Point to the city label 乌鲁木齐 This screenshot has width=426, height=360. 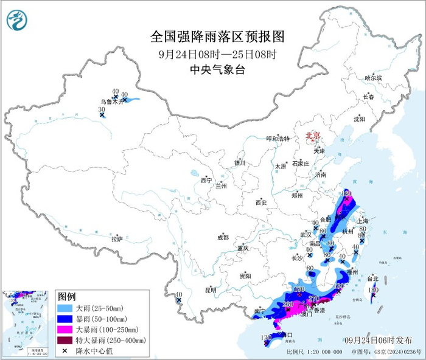(112, 103)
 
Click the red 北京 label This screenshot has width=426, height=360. (312, 136)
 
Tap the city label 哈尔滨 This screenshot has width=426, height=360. (372, 78)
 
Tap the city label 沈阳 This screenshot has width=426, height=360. (360, 119)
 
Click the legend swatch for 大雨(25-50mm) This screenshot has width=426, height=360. (65, 309)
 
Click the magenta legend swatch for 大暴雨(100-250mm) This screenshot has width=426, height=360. (65, 330)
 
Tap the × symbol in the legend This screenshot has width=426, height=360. (65, 351)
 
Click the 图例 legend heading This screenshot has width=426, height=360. (67, 297)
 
